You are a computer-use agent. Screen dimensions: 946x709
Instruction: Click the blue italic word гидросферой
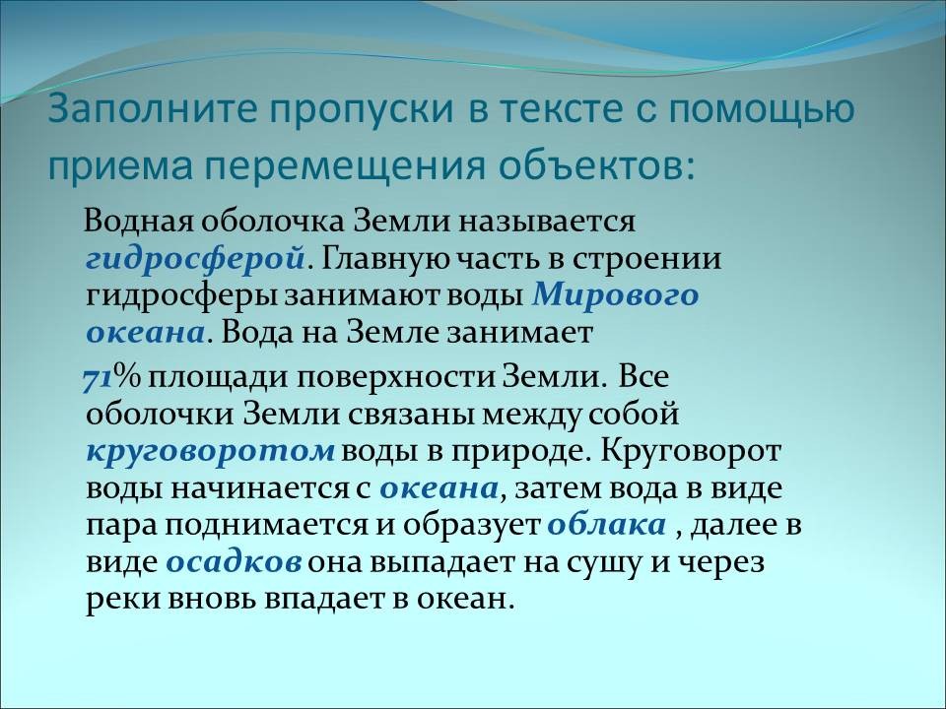click(194, 259)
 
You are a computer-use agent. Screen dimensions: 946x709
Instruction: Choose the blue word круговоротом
click(211, 451)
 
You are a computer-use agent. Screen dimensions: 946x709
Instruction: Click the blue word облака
click(606, 525)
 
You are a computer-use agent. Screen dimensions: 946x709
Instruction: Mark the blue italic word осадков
click(234, 562)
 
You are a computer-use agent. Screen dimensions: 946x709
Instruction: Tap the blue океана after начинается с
click(439, 488)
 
